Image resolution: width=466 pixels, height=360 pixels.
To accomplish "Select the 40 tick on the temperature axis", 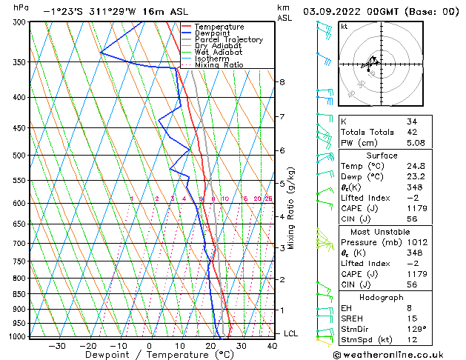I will click(x=273, y=346).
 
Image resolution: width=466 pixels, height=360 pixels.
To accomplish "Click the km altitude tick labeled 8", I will click(x=282, y=81).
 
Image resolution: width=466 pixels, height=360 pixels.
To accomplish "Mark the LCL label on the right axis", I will click(x=292, y=333).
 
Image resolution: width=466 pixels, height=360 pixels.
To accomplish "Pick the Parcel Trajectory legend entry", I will click(x=228, y=40).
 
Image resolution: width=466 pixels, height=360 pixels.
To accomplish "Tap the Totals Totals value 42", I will click(x=412, y=133).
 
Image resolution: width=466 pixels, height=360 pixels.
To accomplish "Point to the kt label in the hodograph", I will click(x=344, y=27).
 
